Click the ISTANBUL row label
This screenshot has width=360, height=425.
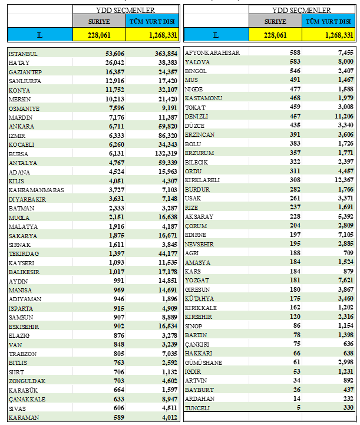[23, 54]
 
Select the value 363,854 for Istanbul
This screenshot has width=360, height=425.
[162, 54]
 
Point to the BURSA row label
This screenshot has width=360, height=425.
[18, 154]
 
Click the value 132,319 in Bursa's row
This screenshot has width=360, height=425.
[162, 154]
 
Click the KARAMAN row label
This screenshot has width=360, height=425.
[22, 417]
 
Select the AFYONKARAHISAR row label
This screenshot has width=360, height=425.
[212, 53]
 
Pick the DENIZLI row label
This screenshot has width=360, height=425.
[198, 116]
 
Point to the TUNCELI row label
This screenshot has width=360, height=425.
[198, 408]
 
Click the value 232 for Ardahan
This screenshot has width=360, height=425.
[346, 399]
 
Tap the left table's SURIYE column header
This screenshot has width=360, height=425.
[99, 22]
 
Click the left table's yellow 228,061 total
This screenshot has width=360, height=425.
[99, 35]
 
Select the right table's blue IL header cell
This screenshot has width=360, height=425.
[216, 35]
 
